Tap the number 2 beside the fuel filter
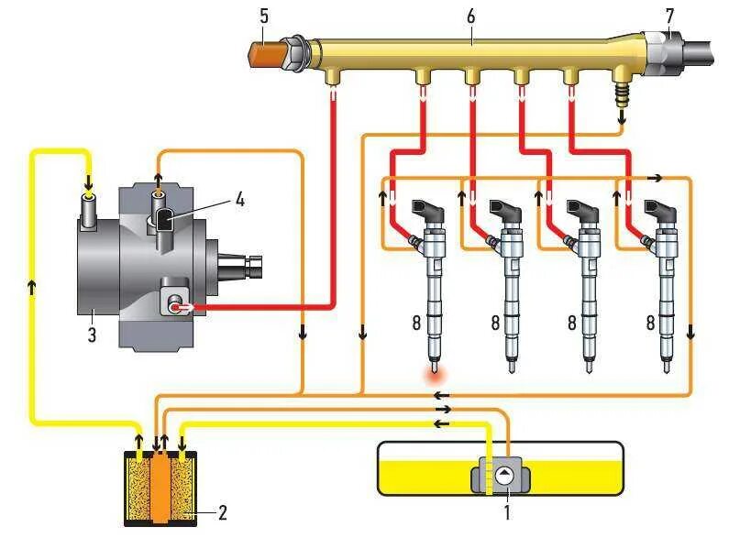[x=221, y=513]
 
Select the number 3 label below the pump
[x=92, y=335]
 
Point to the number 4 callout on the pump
[x=239, y=199]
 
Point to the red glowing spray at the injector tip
[x=434, y=372]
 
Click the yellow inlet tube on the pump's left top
[x=89, y=209]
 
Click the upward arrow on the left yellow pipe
[x=33, y=287]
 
